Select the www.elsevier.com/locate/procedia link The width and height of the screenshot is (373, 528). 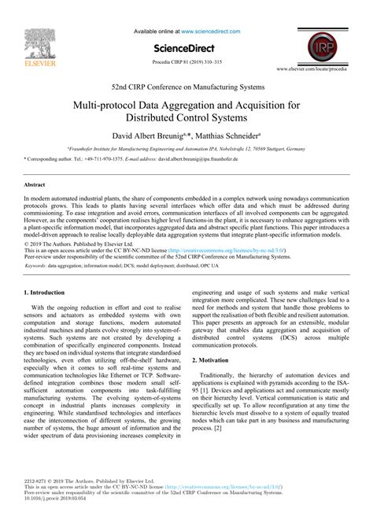click(x=322, y=70)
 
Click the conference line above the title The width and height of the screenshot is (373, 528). click(x=186, y=86)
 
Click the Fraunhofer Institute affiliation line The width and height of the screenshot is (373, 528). click(x=186, y=148)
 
